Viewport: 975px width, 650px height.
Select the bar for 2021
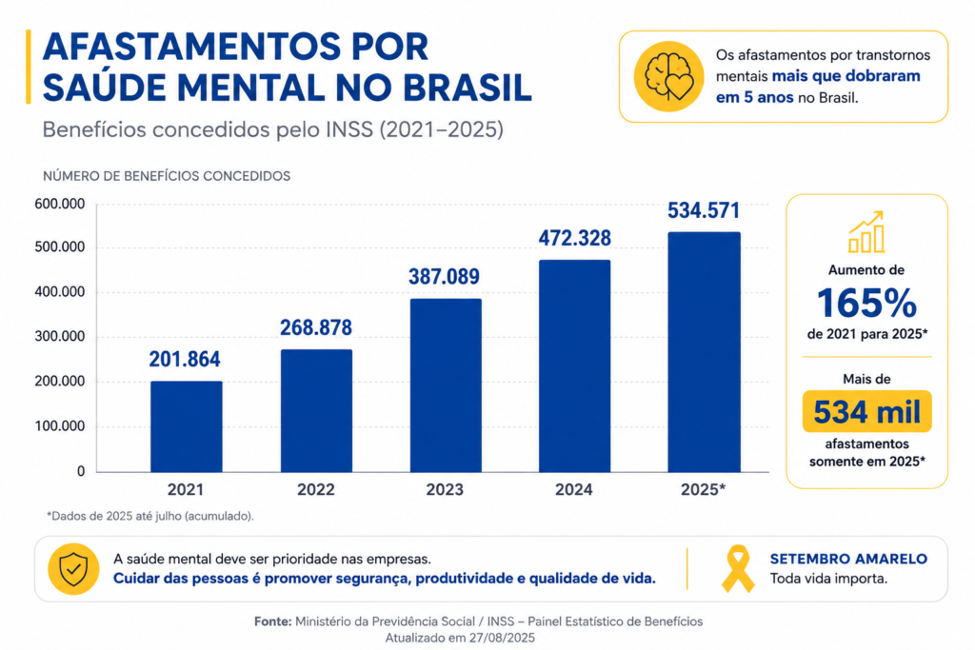pos(186,426)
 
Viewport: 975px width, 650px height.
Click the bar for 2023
pos(446,385)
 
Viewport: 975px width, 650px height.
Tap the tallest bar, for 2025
pos(704,352)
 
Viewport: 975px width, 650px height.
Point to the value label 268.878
pos(316,327)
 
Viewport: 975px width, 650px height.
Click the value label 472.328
pos(574,238)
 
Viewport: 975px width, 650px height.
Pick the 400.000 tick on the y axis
pos(60,292)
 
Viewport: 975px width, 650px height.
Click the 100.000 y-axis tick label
pos(60,426)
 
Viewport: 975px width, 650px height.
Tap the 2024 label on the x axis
pos(573,490)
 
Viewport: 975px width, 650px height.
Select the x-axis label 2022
pos(315,490)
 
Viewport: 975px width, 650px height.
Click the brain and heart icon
pos(668,76)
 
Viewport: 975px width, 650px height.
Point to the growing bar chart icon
pos(866,232)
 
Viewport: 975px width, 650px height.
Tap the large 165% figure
pos(866,304)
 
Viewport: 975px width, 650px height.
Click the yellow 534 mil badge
pos(866,411)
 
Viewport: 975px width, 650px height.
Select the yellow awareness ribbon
pos(738,568)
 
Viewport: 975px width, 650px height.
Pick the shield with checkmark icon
pos(73,569)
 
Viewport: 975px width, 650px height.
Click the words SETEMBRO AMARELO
pos(848,559)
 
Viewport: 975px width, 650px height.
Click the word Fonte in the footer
pos(273,621)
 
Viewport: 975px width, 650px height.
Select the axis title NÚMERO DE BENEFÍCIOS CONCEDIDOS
pos(167,176)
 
